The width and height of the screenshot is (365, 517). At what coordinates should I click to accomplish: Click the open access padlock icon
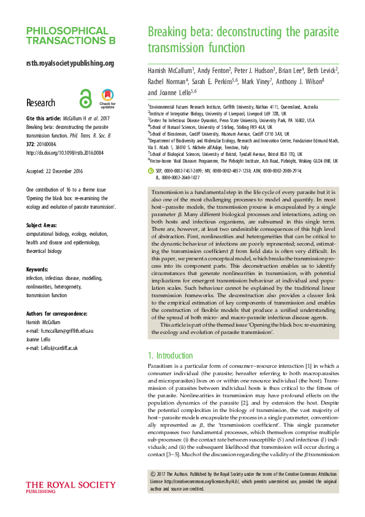click(86, 97)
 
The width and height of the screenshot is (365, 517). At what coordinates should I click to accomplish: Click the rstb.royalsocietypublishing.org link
click(69, 63)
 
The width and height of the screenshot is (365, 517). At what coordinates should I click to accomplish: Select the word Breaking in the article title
click(167, 31)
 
